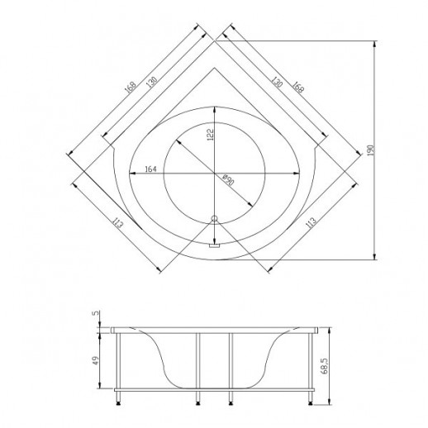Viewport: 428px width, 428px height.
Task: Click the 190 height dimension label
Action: (371, 150)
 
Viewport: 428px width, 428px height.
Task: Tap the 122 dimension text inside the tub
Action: (210, 135)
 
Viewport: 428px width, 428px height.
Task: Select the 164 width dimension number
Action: (150, 169)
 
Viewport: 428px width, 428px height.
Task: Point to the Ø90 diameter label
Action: (228, 180)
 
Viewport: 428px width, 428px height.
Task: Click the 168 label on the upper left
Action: (131, 87)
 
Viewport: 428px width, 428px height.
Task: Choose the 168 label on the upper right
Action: (298, 87)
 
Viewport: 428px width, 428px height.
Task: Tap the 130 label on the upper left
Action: (152, 82)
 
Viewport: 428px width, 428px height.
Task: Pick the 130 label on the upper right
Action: (277, 82)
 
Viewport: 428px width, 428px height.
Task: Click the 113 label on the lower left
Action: (118, 223)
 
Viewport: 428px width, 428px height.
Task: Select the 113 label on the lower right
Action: (311, 223)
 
